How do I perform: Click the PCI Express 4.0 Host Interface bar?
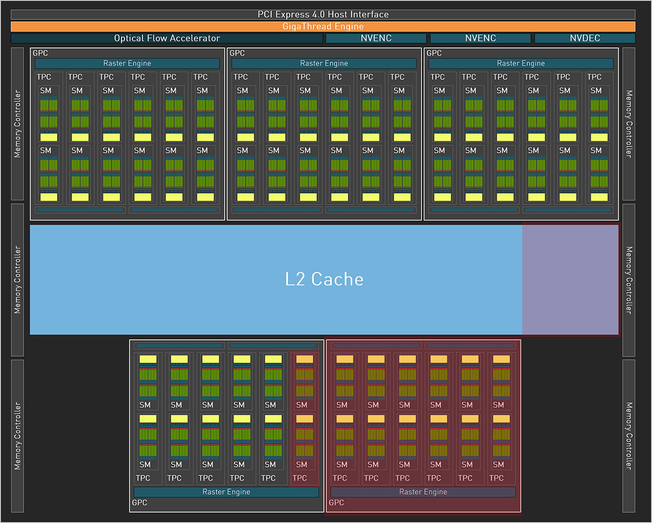coord(323,15)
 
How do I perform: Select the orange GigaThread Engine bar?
coord(323,26)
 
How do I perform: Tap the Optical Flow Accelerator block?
coord(167,38)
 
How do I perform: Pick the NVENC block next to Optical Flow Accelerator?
coord(376,38)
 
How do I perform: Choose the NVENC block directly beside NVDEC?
coord(480,38)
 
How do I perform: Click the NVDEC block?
coord(584,38)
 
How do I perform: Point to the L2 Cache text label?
coord(324,279)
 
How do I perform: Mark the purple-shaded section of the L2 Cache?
coord(570,279)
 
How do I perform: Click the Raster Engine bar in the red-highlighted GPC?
coord(423,492)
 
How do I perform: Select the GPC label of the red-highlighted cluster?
coord(336,503)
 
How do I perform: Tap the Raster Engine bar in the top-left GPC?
coord(127,63)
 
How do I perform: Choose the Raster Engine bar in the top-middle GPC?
coord(324,63)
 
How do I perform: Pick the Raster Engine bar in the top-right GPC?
coord(521,63)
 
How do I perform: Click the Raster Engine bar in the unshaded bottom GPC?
coord(227,492)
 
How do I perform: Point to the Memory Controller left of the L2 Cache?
coord(17,280)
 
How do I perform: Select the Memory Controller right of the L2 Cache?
coord(628,280)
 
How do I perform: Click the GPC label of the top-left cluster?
coord(40,53)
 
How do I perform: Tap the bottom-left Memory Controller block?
coord(17,436)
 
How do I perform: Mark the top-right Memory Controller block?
coord(628,123)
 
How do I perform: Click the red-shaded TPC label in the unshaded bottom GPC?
coord(300,478)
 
